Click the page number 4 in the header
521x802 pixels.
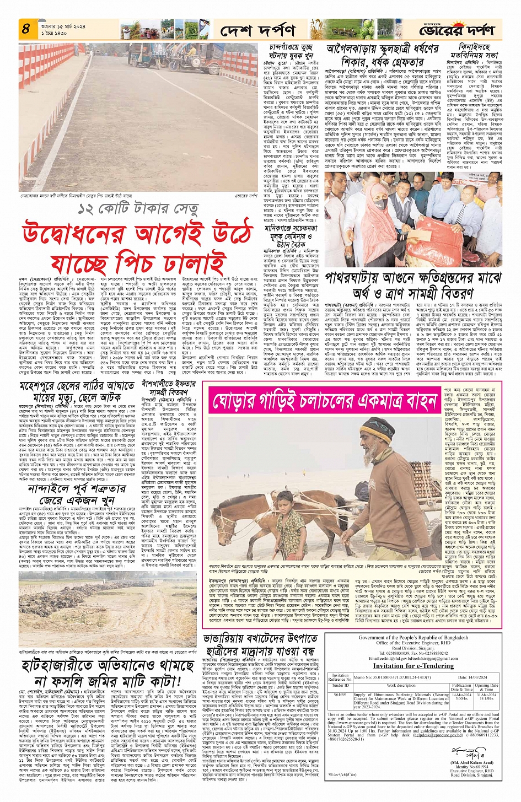(x=25, y=29)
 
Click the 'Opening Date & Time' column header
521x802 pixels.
(x=486, y=687)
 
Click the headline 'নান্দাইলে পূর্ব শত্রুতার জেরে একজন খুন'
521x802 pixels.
(x=77, y=496)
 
